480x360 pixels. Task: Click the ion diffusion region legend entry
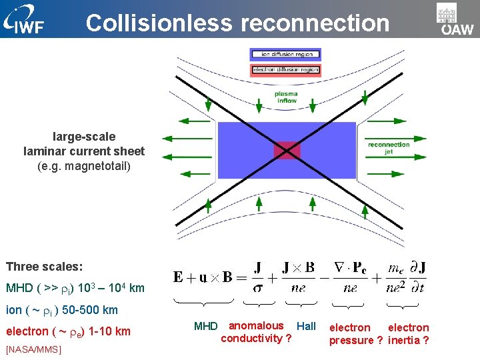(x=285, y=54)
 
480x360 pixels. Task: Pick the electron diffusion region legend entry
(x=285, y=69)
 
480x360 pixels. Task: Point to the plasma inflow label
(x=286, y=97)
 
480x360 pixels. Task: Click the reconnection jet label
(x=389, y=147)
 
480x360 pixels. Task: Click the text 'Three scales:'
(x=45, y=267)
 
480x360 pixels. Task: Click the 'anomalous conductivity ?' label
(x=256, y=332)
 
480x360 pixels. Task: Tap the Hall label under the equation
(x=306, y=326)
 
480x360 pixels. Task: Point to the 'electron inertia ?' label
(x=408, y=334)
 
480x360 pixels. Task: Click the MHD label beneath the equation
(x=205, y=327)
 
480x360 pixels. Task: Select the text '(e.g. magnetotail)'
(x=84, y=166)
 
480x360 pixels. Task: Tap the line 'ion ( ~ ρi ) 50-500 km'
(x=62, y=310)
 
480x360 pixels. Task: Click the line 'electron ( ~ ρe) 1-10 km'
(x=68, y=331)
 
